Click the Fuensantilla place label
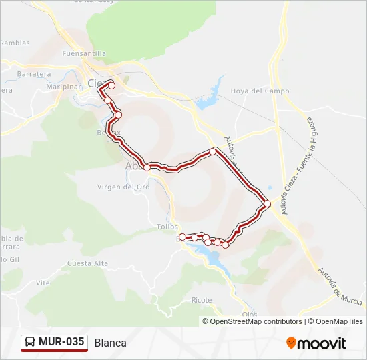tap(83, 53)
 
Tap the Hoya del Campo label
tap(260, 91)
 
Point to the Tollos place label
tap(167, 227)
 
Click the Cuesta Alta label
tap(87, 263)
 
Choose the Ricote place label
tap(202, 300)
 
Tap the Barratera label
tap(35, 74)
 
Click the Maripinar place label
tap(64, 87)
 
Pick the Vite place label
tap(43, 283)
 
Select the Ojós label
tap(250, 314)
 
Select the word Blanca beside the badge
tap(111, 343)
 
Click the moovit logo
tap(316, 343)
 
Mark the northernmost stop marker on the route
tap(111, 85)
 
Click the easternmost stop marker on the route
tap(267, 203)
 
